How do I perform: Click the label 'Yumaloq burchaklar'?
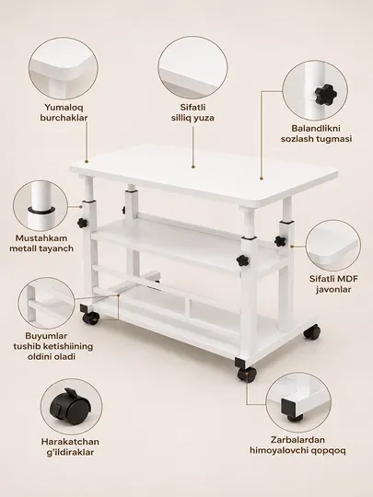[x=64, y=112]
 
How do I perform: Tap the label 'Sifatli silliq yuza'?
[x=192, y=112]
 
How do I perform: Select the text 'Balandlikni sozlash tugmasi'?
[x=316, y=133]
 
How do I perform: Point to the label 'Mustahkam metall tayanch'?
[x=41, y=243]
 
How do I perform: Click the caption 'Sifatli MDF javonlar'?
[x=333, y=284]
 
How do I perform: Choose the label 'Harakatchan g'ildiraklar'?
[x=70, y=446]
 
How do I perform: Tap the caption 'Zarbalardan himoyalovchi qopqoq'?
[x=297, y=445]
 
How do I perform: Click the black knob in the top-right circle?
[x=324, y=94]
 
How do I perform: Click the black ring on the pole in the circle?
[x=41, y=210]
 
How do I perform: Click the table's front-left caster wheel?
[x=90, y=318]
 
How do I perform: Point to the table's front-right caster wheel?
[x=247, y=375]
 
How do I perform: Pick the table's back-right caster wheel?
[x=311, y=332]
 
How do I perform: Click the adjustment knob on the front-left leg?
[x=82, y=223]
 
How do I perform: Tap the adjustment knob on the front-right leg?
[x=242, y=260]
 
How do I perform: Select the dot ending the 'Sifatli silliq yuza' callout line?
[x=193, y=166]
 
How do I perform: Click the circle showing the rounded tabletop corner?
[x=64, y=68]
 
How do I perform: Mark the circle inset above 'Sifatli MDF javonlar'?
[x=333, y=246]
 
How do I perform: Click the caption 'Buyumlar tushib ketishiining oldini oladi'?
[x=53, y=346]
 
